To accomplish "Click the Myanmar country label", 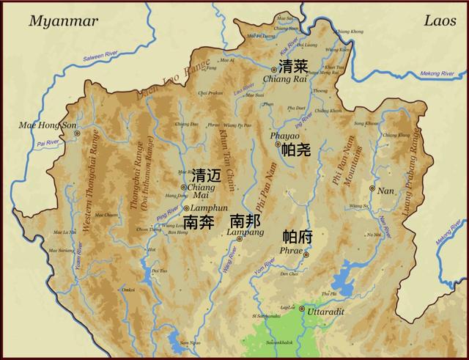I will [x=63, y=21].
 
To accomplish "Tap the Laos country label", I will [x=440, y=21].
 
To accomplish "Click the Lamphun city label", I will [x=204, y=208].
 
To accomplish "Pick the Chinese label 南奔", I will [x=199, y=221].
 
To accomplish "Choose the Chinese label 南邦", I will [x=245, y=221].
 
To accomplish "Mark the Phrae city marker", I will [x=307, y=255].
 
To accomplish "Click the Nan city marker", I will [x=372, y=188].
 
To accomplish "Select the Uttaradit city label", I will [x=325, y=311].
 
